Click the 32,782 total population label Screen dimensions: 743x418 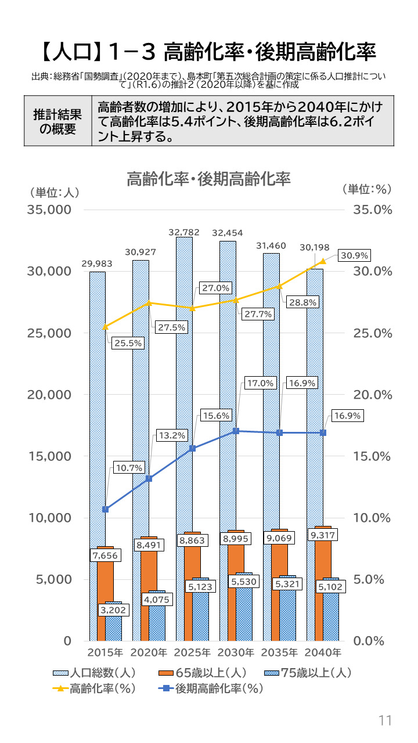click(x=184, y=232)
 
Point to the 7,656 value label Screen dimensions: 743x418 click(x=105, y=556)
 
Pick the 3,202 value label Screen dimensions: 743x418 click(x=113, y=610)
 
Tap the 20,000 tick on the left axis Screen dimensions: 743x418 click(x=49, y=395)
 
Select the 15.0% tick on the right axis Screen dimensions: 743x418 click(x=372, y=456)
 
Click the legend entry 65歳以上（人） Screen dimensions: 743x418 click(x=202, y=673)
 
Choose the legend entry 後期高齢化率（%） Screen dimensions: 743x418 click(x=211, y=689)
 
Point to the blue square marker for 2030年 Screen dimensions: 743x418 click(x=236, y=431)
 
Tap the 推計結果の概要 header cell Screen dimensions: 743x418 click(x=57, y=121)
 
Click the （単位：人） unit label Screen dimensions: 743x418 click(x=51, y=191)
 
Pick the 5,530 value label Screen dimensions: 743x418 click(x=244, y=581)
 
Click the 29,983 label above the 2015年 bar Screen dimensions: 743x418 click(x=97, y=264)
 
